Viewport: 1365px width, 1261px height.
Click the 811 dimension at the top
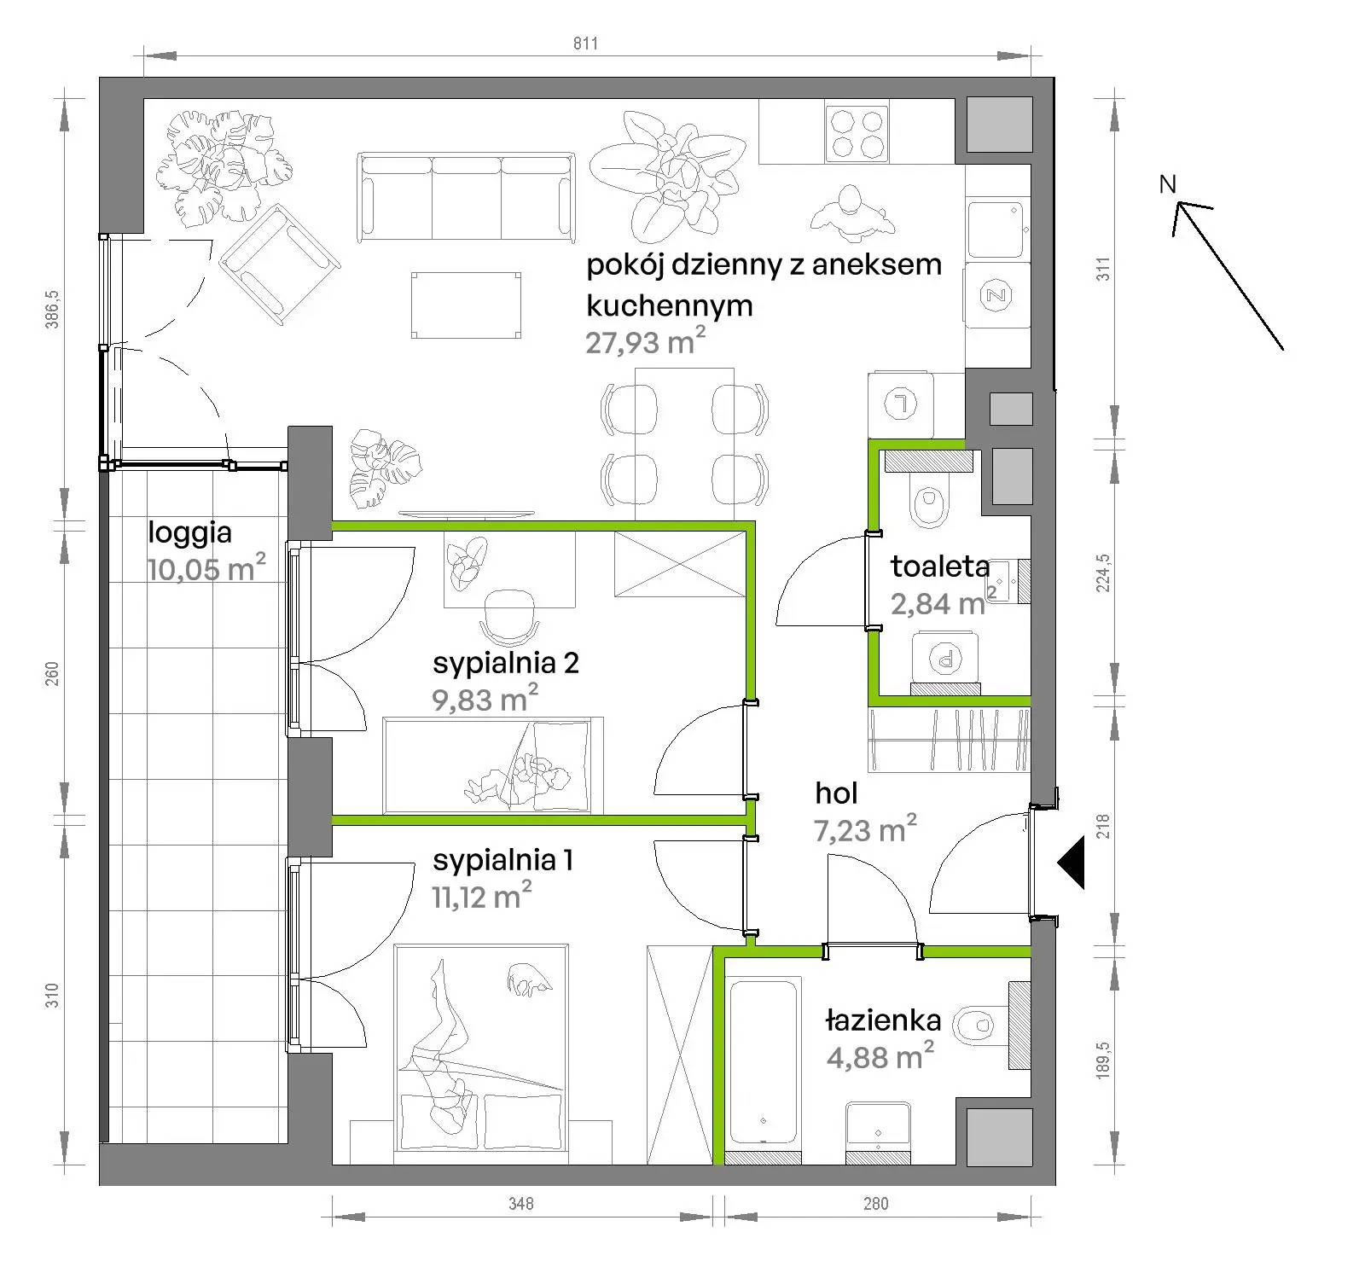585,44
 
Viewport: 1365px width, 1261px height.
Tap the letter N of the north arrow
1167,183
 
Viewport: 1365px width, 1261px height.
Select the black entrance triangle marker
1071,863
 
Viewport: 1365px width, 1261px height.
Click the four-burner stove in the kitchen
857,132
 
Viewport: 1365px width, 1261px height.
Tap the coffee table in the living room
466,305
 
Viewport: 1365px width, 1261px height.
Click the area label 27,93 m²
645,342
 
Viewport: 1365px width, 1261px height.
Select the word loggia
189,533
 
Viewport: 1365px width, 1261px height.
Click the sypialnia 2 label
506,663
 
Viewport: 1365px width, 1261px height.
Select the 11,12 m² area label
482,896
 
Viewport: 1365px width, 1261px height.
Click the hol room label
836,793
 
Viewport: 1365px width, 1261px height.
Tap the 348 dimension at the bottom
520,1203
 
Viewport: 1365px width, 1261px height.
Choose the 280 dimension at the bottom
875,1203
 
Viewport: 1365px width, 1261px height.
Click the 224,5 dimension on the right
1103,572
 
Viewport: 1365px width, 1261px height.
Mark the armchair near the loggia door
280,264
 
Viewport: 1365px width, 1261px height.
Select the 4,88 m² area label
880,1057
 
